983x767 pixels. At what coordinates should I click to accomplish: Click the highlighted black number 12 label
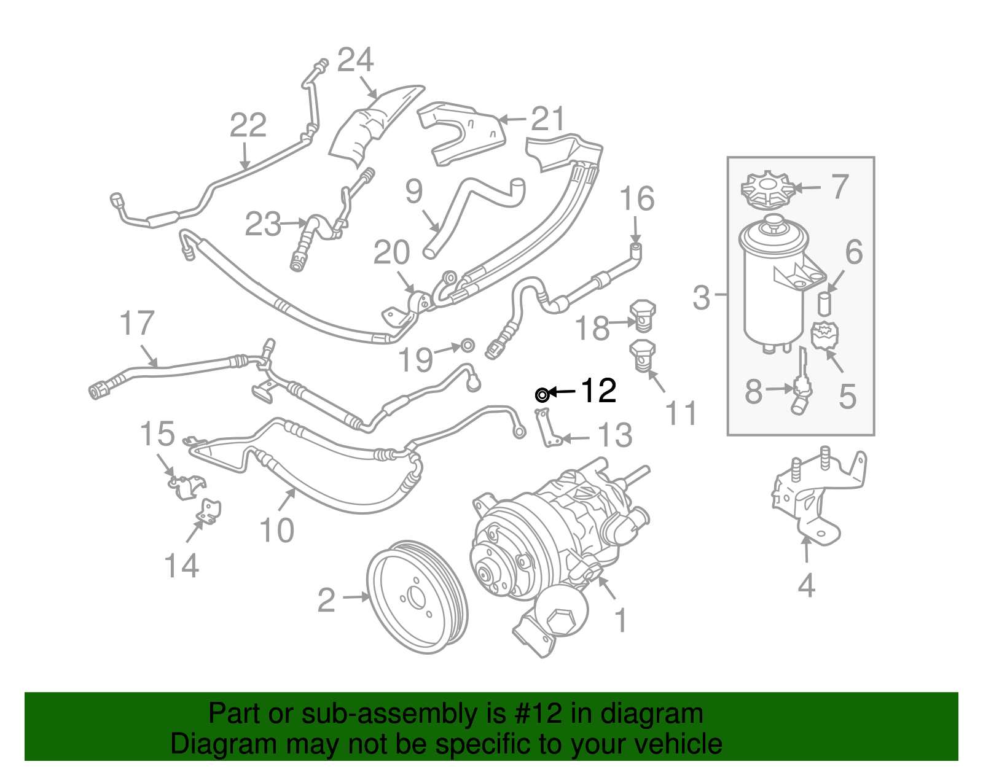click(x=598, y=391)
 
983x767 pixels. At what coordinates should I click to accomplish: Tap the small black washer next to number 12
click(x=542, y=394)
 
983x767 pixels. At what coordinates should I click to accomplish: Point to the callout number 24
click(x=355, y=60)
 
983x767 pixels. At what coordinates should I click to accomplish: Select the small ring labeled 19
click(x=468, y=345)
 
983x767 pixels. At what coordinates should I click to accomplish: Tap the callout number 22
click(x=248, y=125)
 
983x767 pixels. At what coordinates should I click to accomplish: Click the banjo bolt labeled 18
click(x=643, y=314)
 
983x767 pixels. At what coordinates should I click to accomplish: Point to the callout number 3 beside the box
click(x=701, y=297)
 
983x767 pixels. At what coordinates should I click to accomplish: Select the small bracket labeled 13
click(x=547, y=428)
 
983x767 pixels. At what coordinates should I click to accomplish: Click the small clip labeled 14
click(x=210, y=511)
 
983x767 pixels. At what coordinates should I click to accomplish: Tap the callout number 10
click(x=276, y=530)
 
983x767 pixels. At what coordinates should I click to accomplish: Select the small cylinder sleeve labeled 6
click(x=824, y=303)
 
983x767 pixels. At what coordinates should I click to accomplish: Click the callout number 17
click(x=136, y=324)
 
